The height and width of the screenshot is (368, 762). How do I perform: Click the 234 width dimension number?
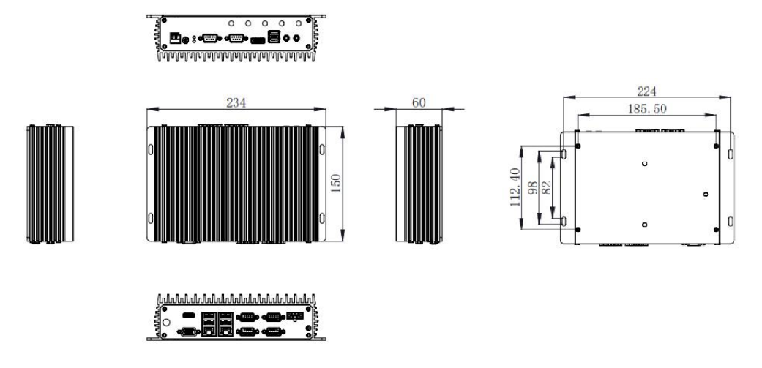tap(236, 103)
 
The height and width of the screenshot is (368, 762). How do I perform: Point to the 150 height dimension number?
tap(336, 183)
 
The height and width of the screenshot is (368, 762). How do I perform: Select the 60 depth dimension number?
tap(419, 103)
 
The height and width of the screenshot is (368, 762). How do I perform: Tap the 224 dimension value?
tap(647, 91)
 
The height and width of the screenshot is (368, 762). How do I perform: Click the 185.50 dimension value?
tap(647, 109)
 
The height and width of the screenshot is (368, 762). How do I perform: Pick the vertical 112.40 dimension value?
tap(515, 187)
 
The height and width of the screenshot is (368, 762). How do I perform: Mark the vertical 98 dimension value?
tap(532, 187)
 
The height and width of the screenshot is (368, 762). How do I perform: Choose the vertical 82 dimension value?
tap(546, 187)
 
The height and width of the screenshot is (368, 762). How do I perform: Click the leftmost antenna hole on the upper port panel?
tap(231, 23)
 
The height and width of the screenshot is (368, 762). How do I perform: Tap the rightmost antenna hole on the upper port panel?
tap(299, 23)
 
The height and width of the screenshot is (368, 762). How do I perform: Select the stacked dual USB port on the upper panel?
tap(274, 37)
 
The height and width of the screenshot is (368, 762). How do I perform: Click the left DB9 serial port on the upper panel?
tap(210, 38)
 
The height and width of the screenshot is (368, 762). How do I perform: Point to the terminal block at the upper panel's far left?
tap(175, 37)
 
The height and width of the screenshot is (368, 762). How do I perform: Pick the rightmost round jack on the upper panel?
tap(296, 37)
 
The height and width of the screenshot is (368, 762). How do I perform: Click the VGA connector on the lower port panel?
tap(189, 331)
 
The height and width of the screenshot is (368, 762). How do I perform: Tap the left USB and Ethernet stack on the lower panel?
tap(209, 324)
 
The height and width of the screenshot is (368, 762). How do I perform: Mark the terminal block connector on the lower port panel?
tap(295, 316)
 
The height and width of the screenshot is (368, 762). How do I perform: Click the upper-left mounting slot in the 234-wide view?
tap(151, 149)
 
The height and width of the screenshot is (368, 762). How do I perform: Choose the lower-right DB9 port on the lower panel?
tap(273, 331)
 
